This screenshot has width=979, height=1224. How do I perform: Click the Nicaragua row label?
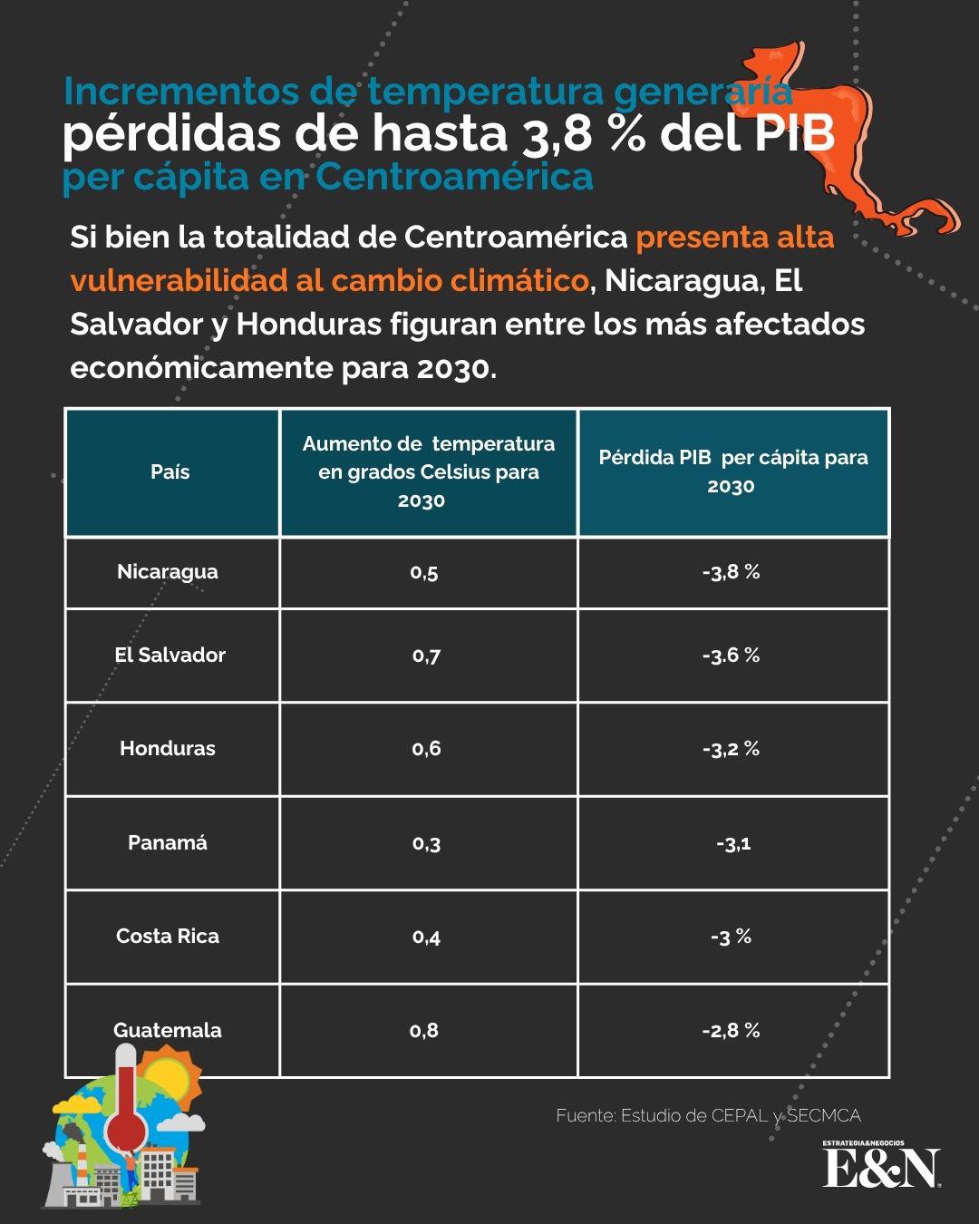tap(168, 572)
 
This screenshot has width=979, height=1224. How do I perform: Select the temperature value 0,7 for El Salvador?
tap(426, 656)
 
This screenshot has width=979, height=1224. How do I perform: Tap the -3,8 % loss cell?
tap(731, 572)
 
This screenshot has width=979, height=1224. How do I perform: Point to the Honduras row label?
tap(168, 749)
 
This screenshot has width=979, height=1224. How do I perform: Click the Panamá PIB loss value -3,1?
tap(732, 843)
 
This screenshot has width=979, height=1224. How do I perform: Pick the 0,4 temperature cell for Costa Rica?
tap(426, 937)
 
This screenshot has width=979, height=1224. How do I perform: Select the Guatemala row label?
tap(168, 1030)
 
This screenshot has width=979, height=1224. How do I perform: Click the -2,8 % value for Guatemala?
tap(731, 1030)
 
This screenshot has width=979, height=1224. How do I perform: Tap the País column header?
tap(170, 472)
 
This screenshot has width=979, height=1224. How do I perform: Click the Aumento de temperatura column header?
tap(428, 472)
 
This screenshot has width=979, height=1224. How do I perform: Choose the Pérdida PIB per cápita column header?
tap(732, 471)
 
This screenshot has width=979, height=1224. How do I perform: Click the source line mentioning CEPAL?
tap(708, 1116)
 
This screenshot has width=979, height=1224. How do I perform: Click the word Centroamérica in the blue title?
tap(454, 177)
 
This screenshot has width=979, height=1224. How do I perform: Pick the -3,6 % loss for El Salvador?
tap(731, 656)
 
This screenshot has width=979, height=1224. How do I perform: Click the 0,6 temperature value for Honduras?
tap(426, 749)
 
